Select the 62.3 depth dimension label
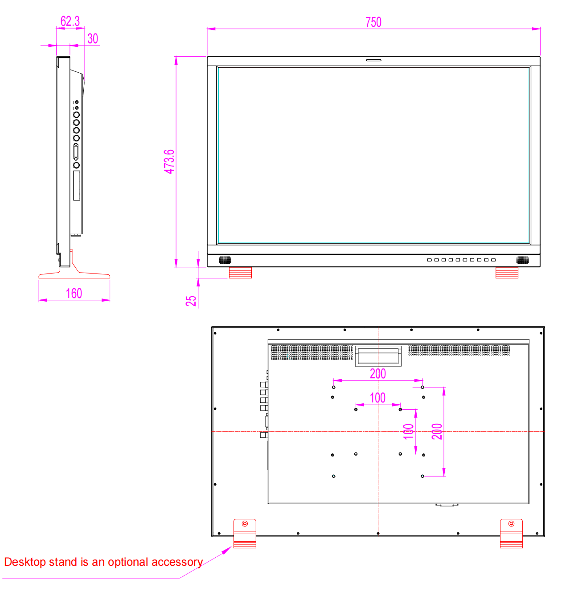(x=70, y=21)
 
